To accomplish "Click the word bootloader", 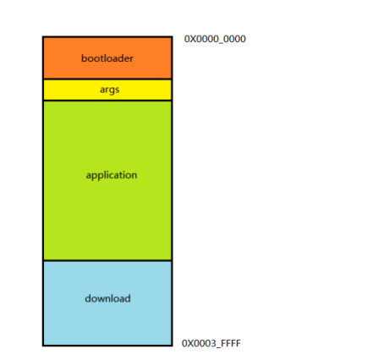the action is coord(107,58).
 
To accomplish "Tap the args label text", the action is coord(109,90).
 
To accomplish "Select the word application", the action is coord(112,176).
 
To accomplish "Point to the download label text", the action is coord(107,298).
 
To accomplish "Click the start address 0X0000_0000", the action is coord(215,39).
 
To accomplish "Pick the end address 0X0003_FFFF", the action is coord(211,343).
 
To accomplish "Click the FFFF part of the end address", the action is coord(231,343).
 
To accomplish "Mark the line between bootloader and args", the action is coord(107,79).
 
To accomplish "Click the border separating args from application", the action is coord(107,101).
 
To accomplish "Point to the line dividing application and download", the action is coord(107,260).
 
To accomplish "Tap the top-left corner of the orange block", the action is coord(43,36).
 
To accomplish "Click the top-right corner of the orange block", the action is coord(173,36).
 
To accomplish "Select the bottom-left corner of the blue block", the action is coord(43,346).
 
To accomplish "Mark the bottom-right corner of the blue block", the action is coord(173,346).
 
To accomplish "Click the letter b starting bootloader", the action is coord(85,58).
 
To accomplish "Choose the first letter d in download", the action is coord(88,298).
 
